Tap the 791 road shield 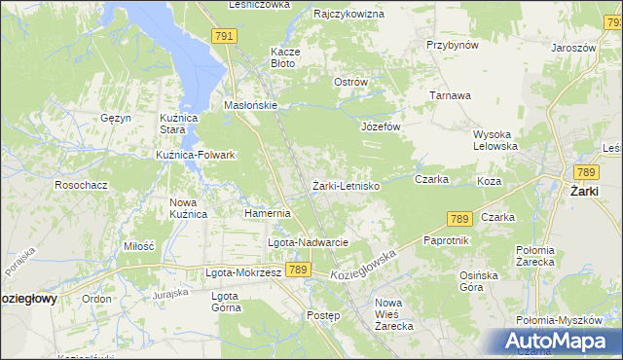(224, 36)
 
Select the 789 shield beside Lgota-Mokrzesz (299, 270)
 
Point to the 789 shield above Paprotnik (460, 220)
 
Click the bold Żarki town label (589, 191)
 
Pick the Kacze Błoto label (283, 57)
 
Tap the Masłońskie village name (251, 105)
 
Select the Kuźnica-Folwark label (196, 155)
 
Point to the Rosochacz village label (81, 184)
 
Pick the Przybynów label (452, 45)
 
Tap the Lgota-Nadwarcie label (308, 242)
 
